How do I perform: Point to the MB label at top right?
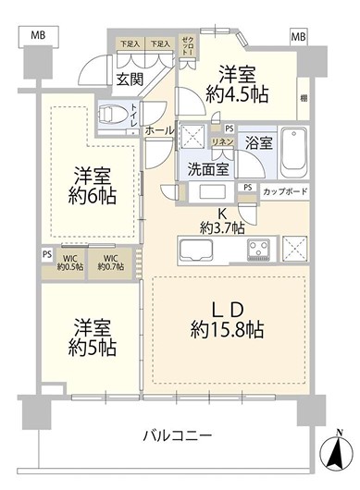(298, 36)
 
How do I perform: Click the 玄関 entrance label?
(129, 80)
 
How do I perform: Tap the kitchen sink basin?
(199, 249)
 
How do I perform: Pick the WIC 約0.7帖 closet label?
(110, 262)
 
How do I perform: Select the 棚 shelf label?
(304, 97)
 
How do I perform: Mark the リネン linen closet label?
(223, 141)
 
